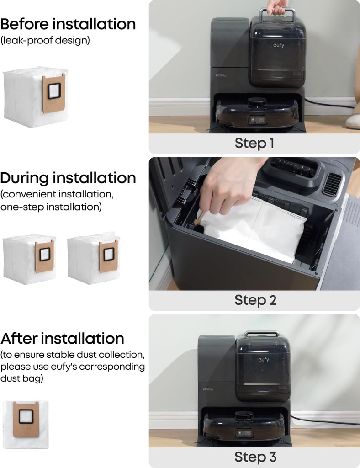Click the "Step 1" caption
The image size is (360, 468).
point(254,143)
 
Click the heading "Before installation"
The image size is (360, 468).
point(68,24)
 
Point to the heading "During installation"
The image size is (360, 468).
point(68,177)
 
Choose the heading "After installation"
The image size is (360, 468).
point(62,339)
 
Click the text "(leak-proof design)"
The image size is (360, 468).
point(45,40)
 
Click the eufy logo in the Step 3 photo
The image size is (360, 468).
point(263,360)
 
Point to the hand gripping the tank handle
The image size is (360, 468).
point(277,6)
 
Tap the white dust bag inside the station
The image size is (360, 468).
point(256,229)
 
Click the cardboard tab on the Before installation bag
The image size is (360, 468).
point(54,93)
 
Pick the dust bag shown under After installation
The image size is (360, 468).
point(26,424)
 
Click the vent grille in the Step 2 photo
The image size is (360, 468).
point(332,184)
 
